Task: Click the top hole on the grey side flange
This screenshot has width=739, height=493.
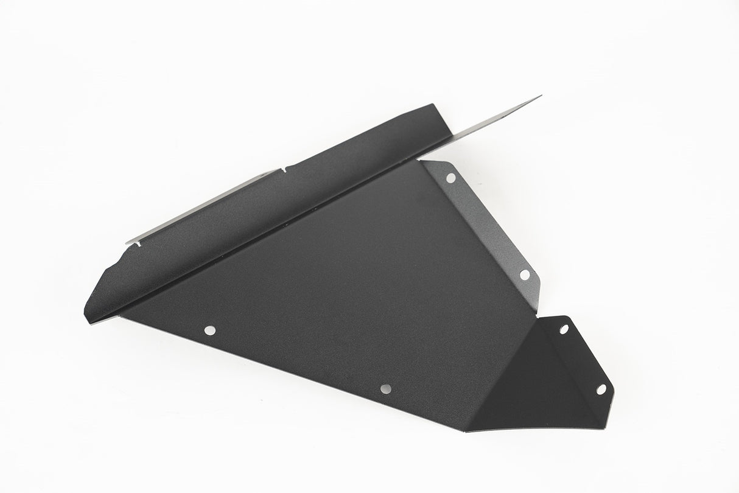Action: point(450,178)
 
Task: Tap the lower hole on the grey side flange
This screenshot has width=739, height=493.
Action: point(524,274)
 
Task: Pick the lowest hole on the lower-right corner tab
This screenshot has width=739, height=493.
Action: point(601,388)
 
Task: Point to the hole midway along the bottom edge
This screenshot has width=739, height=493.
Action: point(385,388)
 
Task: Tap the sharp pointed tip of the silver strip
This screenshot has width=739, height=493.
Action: point(541,96)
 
